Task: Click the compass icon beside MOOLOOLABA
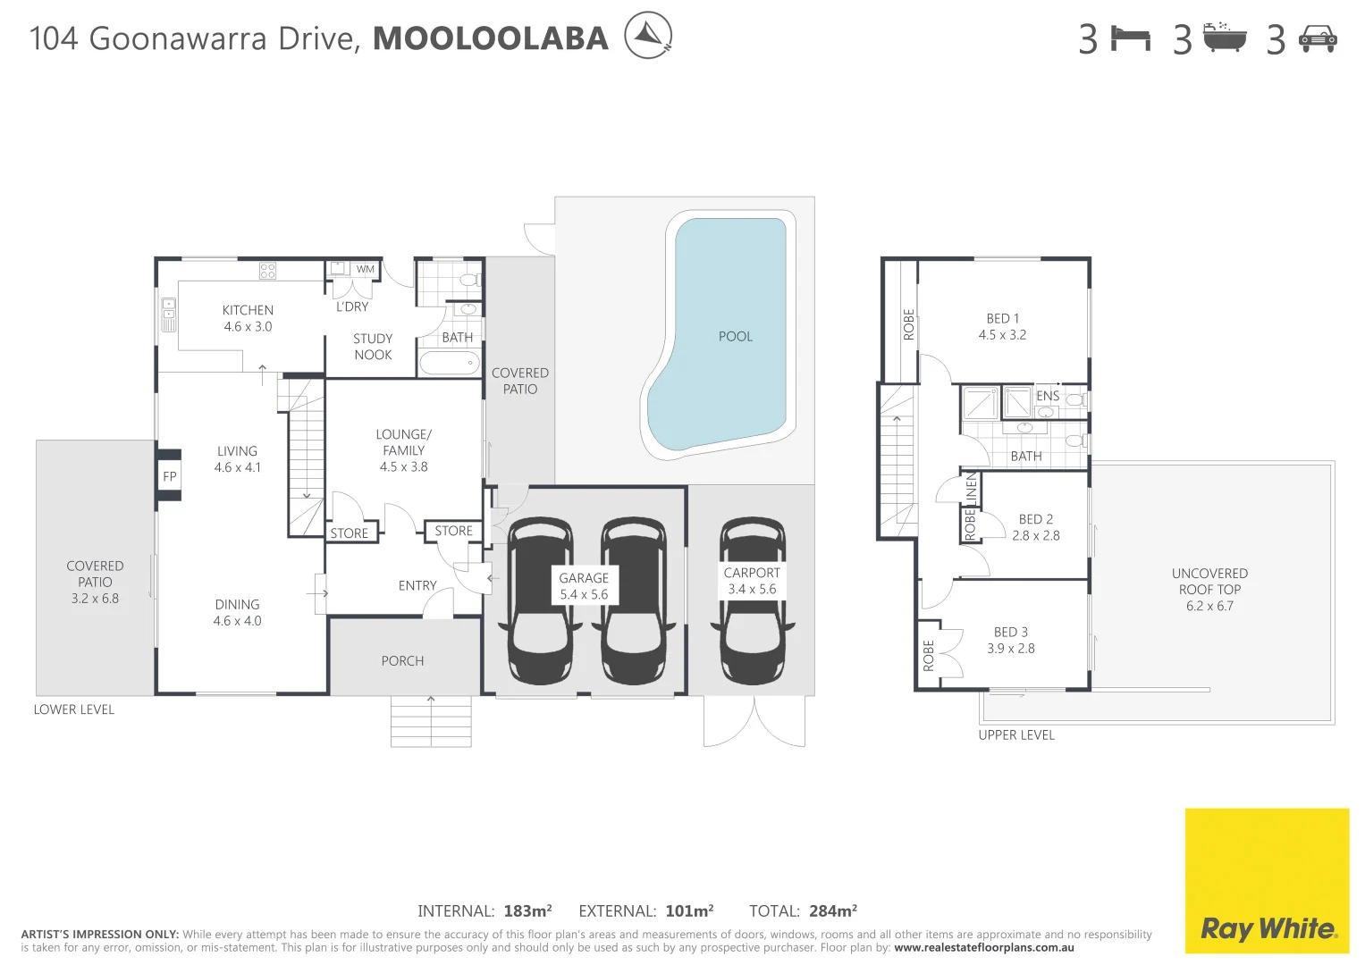(647, 36)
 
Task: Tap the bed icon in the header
(1130, 38)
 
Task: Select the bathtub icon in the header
(1224, 38)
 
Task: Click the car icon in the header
(1318, 38)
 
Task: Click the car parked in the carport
(753, 600)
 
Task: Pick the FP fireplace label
(170, 476)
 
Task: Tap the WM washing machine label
(366, 269)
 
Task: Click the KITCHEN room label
(248, 310)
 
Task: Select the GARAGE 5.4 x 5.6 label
(584, 586)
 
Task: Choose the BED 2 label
(1035, 519)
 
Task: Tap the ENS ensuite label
(1048, 396)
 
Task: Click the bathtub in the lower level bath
(450, 363)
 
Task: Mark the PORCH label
(402, 661)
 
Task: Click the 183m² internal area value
(527, 911)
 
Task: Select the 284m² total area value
(832, 911)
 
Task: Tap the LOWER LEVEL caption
(74, 709)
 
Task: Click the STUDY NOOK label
(373, 347)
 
